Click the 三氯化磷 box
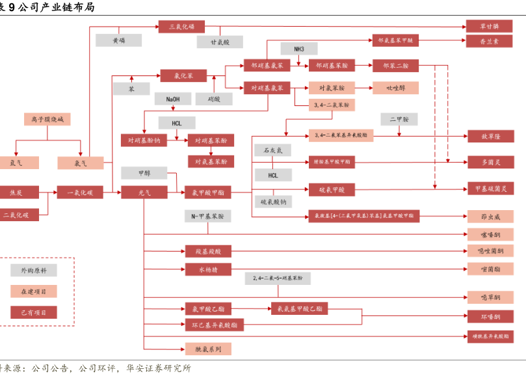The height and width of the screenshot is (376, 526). [181, 27]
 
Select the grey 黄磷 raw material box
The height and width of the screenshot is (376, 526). [118, 40]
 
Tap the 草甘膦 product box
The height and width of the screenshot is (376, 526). [490, 26]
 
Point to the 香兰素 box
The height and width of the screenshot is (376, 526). [490, 40]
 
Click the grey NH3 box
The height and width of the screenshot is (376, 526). [298, 49]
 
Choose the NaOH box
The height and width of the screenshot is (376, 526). [173, 100]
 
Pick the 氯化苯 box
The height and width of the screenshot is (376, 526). [183, 76]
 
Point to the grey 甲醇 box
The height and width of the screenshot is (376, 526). [144, 174]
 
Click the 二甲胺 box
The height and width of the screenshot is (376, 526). [399, 120]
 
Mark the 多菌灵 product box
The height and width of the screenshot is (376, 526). [490, 163]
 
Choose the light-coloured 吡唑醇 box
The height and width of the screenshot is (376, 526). [395, 88]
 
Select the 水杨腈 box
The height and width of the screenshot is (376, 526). [208, 269]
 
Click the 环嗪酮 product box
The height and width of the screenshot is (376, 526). [490, 317]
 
